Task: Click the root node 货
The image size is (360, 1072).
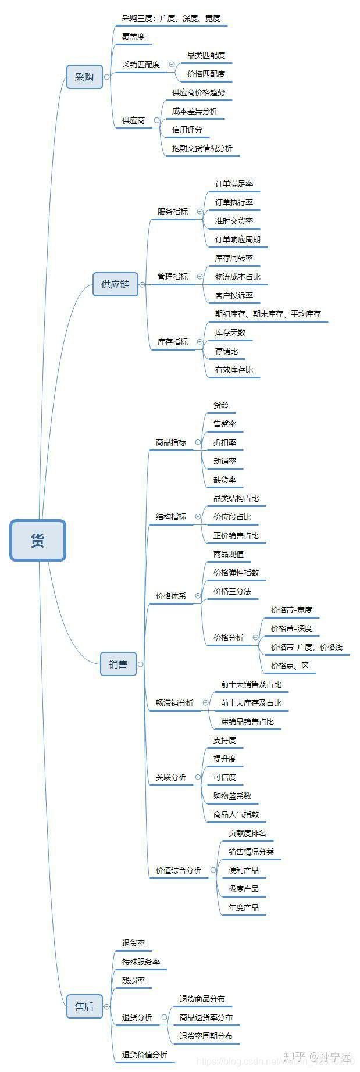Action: point(38,540)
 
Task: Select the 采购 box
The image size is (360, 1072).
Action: point(84,77)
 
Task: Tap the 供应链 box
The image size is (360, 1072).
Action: point(115,284)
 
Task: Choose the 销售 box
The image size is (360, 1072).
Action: point(118,664)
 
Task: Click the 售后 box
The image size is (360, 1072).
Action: point(84,1006)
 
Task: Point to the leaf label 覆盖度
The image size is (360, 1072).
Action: point(133,37)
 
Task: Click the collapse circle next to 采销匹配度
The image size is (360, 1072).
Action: point(172,65)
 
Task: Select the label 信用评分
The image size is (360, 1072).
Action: point(187,130)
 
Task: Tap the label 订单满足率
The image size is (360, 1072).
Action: point(234,184)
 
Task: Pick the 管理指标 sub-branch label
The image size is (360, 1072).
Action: point(173,277)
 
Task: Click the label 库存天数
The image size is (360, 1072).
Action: point(230,333)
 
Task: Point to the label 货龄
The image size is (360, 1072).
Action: point(221,405)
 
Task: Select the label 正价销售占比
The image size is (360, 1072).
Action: point(236,535)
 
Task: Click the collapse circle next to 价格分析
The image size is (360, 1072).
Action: point(256,638)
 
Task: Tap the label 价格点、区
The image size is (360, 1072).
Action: point(290,666)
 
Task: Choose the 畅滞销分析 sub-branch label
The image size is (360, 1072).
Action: point(174,703)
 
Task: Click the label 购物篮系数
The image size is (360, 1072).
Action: point(232,796)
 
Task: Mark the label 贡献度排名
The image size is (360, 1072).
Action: point(247,833)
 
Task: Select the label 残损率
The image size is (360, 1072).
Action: point(133,980)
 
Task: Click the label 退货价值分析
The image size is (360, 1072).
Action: point(145,1055)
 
